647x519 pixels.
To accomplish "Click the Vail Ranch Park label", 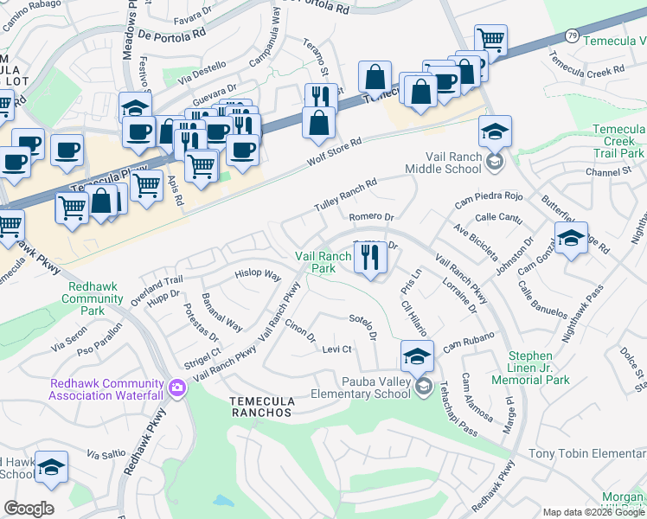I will point(323,262).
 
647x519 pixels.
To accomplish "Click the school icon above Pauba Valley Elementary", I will point(416,355).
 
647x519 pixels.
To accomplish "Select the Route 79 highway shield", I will point(572,35).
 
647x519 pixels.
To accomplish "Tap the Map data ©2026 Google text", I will point(593,512).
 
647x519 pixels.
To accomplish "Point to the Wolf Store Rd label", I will point(335,152).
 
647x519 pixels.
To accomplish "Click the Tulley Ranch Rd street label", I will point(344,196).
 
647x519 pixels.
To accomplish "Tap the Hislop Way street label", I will point(258,276).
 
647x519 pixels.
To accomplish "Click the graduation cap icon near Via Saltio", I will point(50,467).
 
